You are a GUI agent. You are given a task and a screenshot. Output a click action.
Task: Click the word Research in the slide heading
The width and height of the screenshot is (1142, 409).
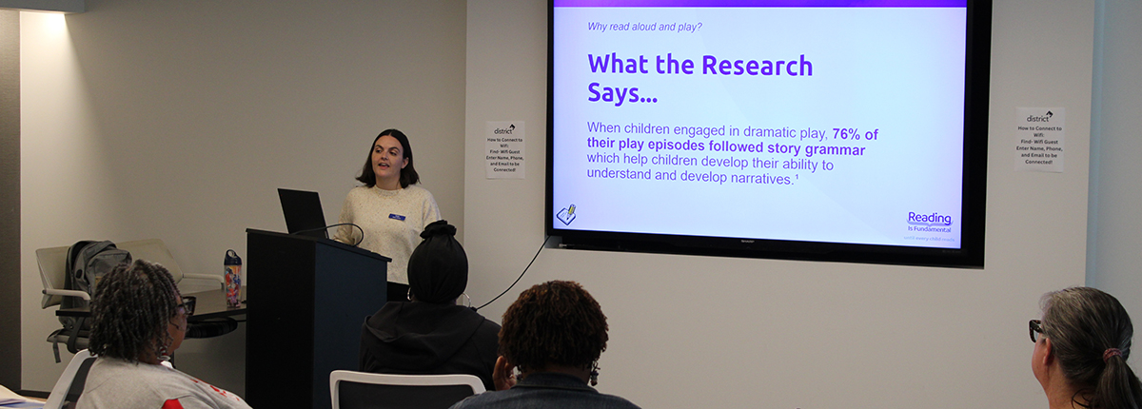[758, 66]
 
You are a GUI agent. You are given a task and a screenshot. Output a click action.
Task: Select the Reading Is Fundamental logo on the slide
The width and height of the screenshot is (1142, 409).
[929, 221]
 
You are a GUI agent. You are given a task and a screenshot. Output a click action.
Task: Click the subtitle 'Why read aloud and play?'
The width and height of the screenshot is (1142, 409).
[645, 26]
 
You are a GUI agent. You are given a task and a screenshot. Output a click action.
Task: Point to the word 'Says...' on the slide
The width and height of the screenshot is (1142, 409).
[621, 94]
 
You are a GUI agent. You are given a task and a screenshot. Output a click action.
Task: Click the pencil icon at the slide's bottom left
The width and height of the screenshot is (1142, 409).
[566, 215]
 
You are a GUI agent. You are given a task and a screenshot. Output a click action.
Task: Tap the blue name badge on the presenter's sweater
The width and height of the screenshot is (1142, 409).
[397, 217]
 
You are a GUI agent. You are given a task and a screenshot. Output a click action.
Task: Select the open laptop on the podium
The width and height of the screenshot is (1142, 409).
[302, 212]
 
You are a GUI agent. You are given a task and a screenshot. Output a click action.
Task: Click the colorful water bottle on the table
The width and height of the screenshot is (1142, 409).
[232, 277]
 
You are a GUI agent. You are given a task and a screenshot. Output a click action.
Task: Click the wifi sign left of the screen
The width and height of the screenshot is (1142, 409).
[504, 149]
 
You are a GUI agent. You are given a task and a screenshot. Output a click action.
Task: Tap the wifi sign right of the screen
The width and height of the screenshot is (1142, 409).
[1039, 139]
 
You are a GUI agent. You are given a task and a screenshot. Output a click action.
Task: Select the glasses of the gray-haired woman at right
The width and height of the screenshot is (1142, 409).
[1036, 330]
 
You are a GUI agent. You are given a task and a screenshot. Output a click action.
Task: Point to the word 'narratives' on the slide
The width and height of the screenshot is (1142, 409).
[758, 179]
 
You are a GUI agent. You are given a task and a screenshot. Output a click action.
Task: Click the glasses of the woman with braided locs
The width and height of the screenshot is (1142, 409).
[186, 306]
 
